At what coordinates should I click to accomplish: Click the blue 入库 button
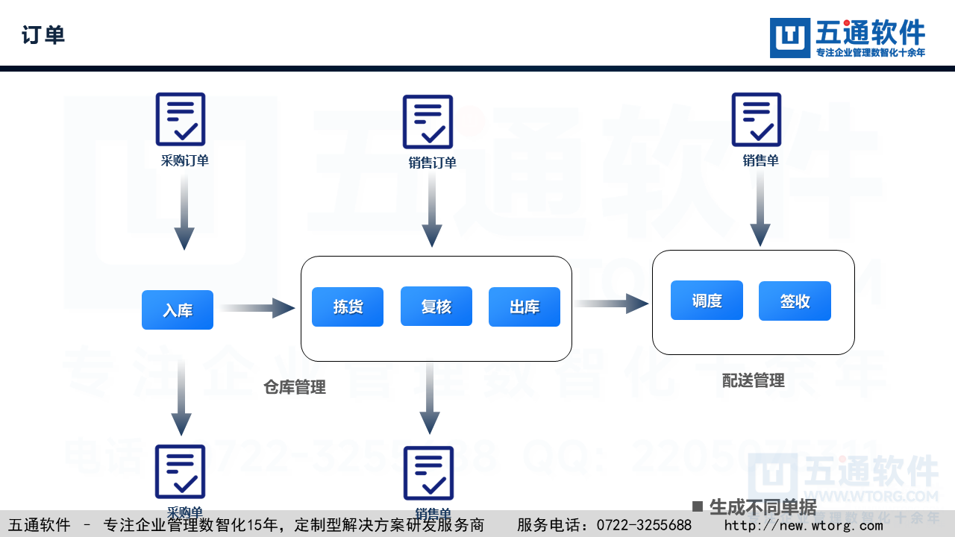[178, 310]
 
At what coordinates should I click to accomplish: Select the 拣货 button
[348, 307]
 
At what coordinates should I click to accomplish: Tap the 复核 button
[436, 307]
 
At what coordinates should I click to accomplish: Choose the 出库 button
[525, 307]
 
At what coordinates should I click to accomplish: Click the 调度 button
[707, 301]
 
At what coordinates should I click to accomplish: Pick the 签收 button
[795, 301]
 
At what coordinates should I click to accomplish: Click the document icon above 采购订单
[181, 119]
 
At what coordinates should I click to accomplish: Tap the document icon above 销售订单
[428, 122]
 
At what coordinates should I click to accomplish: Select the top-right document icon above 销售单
[757, 119]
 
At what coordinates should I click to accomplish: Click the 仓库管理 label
[295, 387]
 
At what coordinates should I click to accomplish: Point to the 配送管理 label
[754, 380]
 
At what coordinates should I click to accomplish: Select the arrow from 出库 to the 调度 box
[612, 303]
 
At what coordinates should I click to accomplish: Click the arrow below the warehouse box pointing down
[430, 399]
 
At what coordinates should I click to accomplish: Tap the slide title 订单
[43, 35]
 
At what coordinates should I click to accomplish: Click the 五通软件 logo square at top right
[789, 38]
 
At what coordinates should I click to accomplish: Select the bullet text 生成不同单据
[762, 507]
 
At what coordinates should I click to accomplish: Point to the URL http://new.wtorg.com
[804, 525]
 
